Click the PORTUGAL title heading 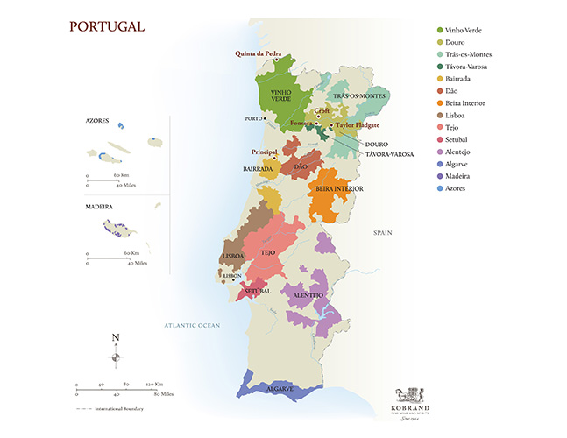tap(107, 26)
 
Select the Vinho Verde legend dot tap(441, 30)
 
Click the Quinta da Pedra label tap(257, 53)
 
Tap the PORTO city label tap(255, 118)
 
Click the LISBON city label tap(232, 275)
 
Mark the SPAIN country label tap(382, 233)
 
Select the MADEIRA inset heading tap(102, 208)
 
